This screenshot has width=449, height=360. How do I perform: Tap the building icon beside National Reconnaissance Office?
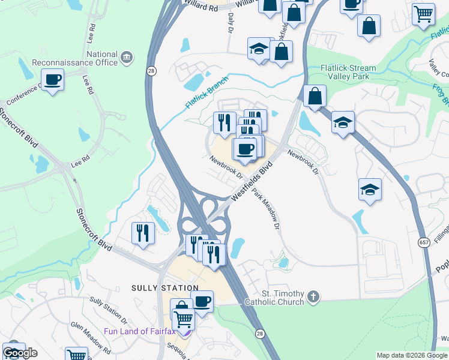click(x=127, y=58)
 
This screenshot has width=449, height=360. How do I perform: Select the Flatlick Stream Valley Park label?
click(x=348, y=72)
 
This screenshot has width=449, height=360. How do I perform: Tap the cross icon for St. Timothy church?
click(x=313, y=296)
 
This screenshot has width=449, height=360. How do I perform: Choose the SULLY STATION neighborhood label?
click(x=164, y=288)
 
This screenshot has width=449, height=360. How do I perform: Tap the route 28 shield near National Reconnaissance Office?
click(x=151, y=70)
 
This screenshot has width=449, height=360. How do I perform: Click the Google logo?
click(x=20, y=353)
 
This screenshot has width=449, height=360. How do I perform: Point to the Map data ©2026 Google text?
click(x=412, y=355)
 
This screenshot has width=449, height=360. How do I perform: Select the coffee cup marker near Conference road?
click(x=53, y=80)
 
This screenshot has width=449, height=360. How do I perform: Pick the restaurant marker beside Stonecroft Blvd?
click(x=143, y=233)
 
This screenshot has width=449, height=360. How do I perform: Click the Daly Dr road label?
click(x=231, y=23)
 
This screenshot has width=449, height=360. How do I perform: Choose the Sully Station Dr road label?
click(x=108, y=308)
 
